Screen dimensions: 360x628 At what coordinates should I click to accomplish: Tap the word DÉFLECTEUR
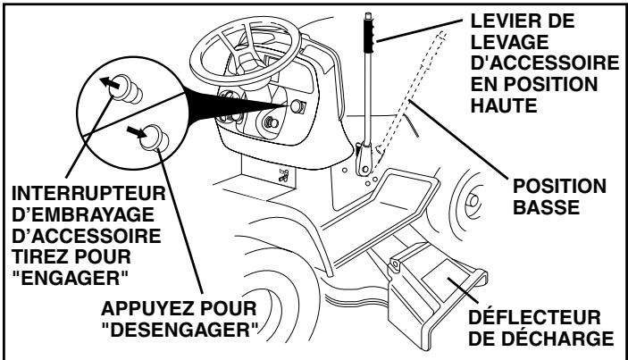pos(553,321)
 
